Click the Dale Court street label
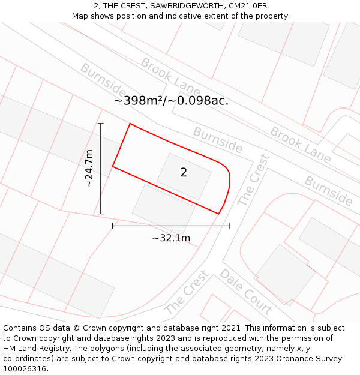(x=246, y=292)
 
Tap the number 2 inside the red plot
(x=184, y=173)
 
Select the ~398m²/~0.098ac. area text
(x=171, y=101)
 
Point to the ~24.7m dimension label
(x=89, y=169)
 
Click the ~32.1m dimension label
(x=171, y=238)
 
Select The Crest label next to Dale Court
(x=187, y=292)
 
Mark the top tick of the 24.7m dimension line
(x=101, y=124)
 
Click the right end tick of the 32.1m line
(x=230, y=226)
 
